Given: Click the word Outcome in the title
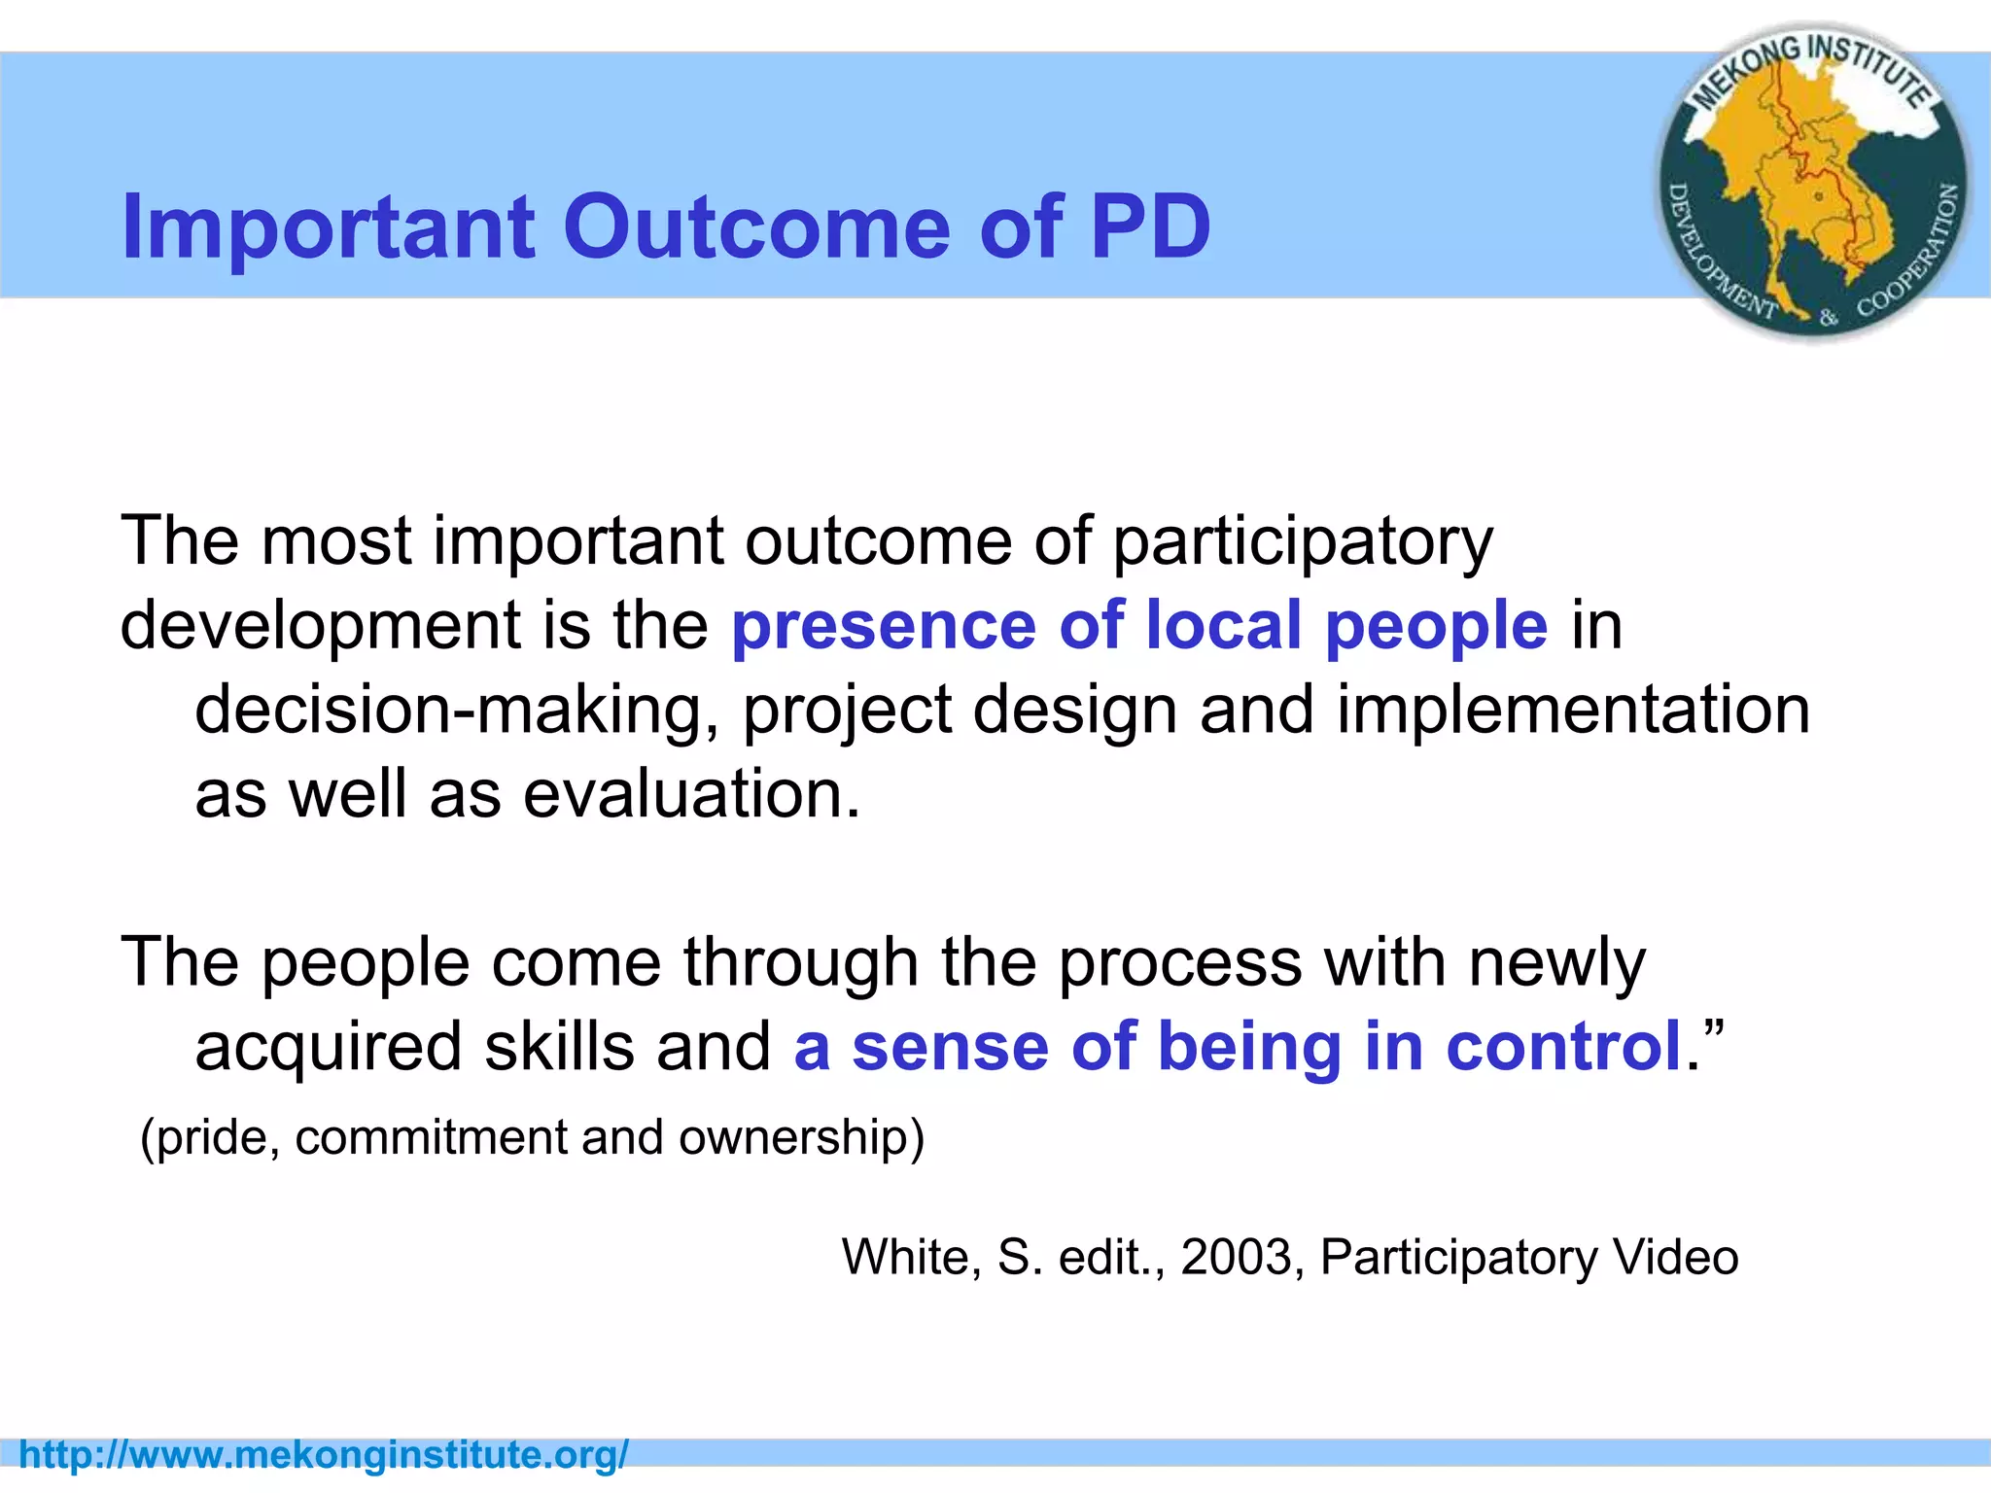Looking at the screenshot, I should click(x=755, y=226).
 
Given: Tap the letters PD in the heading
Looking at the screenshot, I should click(x=1150, y=226).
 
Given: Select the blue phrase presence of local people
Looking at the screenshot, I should click(x=1138, y=625).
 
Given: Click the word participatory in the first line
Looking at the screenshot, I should click(x=1302, y=542).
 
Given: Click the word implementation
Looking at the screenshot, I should click(x=1573, y=710).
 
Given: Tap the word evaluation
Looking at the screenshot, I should click(x=692, y=794).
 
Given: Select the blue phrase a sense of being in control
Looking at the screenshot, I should click(x=1238, y=1047).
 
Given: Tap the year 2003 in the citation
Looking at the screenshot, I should click(x=1236, y=1257).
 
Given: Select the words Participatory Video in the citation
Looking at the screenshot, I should click(x=1528, y=1257).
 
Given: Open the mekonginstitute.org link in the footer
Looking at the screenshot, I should click(x=324, y=1455).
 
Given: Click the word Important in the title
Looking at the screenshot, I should click(x=328, y=226).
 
